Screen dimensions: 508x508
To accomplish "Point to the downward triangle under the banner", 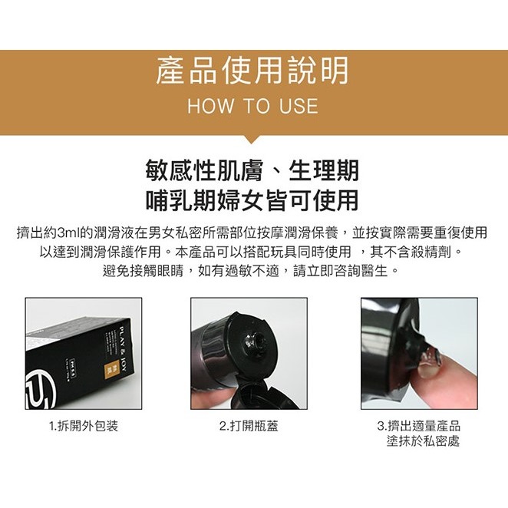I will click(252, 140).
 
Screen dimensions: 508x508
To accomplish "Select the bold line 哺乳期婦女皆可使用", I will click(252, 200).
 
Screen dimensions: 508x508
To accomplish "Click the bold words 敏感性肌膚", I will click(198, 170).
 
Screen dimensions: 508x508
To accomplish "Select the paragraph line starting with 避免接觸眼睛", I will click(252, 271).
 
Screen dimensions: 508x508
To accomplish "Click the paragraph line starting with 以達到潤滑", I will click(252, 252).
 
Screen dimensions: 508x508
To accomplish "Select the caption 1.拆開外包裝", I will click(84, 426).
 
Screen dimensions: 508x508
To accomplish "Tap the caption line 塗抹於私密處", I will click(424, 441).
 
